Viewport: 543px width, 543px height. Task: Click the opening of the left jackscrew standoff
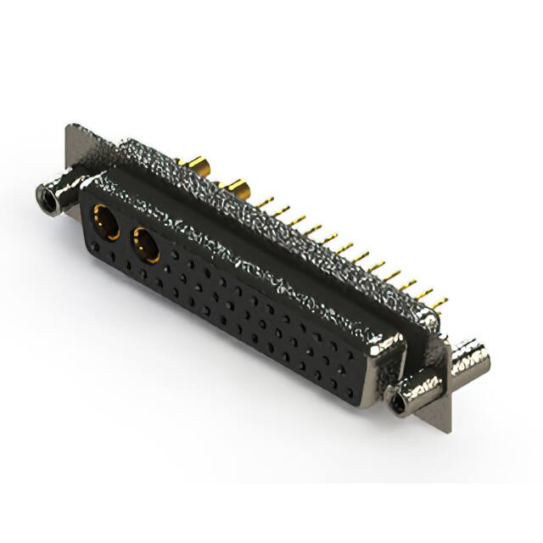click(45, 200)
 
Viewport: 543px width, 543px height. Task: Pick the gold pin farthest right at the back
click(439, 302)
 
